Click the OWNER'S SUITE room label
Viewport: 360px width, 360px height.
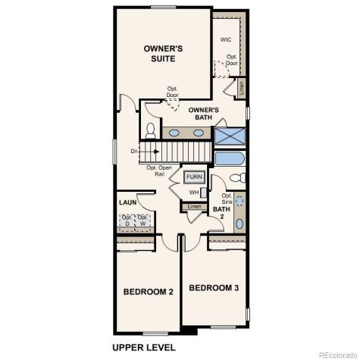(x=164, y=53)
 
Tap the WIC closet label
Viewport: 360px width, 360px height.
(x=227, y=40)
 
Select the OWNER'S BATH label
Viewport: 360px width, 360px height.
(x=204, y=113)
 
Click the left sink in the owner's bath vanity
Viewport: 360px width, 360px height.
(x=174, y=133)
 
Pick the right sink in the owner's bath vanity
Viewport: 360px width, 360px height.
(x=199, y=133)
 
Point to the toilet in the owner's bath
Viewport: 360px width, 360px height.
(x=149, y=130)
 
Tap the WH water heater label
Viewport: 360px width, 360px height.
(x=195, y=193)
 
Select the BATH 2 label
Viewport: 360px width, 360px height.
(x=221, y=213)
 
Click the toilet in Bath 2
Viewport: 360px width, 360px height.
(x=237, y=179)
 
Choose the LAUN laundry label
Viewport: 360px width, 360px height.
(x=127, y=203)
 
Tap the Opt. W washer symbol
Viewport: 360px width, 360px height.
(x=142, y=222)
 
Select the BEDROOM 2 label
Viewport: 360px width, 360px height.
(x=149, y=292)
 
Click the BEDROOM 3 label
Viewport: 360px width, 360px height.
(x=214, y=288)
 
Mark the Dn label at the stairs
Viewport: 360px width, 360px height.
(x=135, y=151)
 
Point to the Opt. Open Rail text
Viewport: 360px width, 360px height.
(x=159, y=171)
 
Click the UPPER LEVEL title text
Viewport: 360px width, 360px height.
(x=144, y=347)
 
